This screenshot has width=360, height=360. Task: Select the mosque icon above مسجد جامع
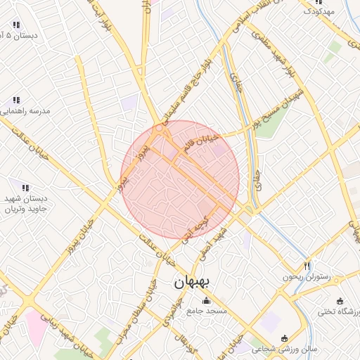[205, 301]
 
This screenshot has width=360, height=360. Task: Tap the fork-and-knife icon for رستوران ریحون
[307, 266]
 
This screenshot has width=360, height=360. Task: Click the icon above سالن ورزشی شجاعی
[284, 338]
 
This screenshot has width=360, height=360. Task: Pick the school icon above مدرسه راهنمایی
[15, 101]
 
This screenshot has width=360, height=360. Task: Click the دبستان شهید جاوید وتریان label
[25, 204]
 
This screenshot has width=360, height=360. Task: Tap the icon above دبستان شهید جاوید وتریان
[25, 188]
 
